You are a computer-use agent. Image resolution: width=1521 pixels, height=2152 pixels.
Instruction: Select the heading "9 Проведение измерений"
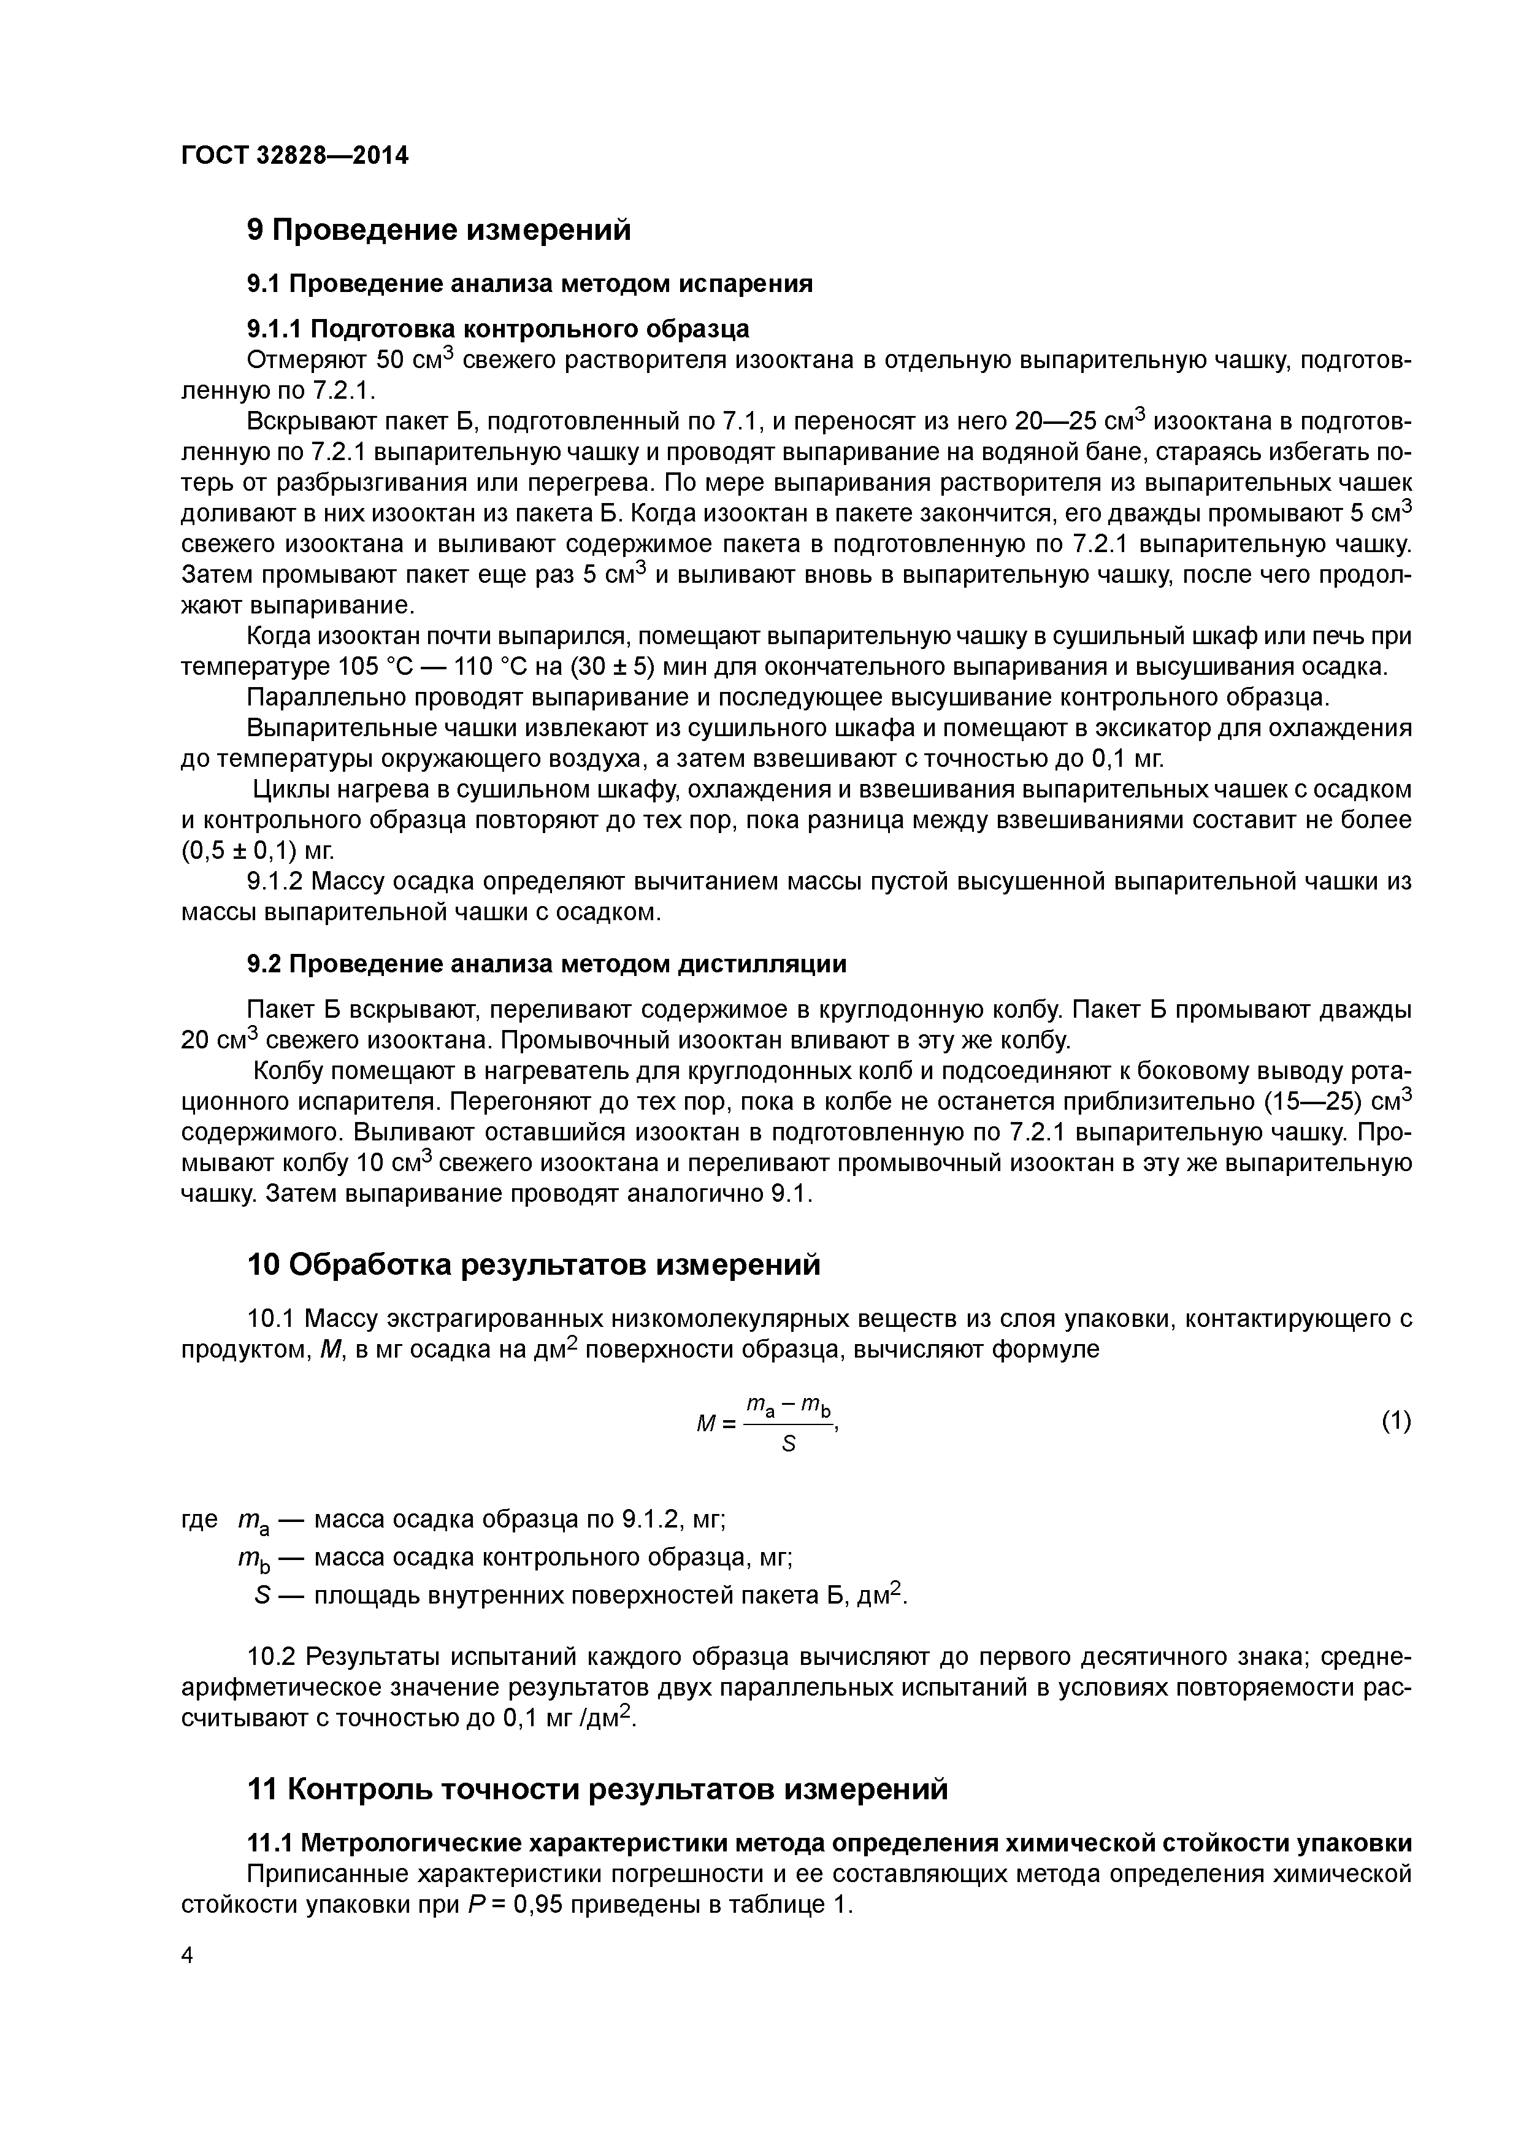click(x=439, y=229)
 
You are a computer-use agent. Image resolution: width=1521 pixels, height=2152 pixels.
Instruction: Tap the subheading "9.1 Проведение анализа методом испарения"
click(x=529, y=284)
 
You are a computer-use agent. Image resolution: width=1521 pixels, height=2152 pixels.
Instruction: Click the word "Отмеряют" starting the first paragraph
click(x=305, y=361)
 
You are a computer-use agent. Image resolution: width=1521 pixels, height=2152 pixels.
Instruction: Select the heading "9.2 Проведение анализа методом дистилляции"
click(x=546, y=964)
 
